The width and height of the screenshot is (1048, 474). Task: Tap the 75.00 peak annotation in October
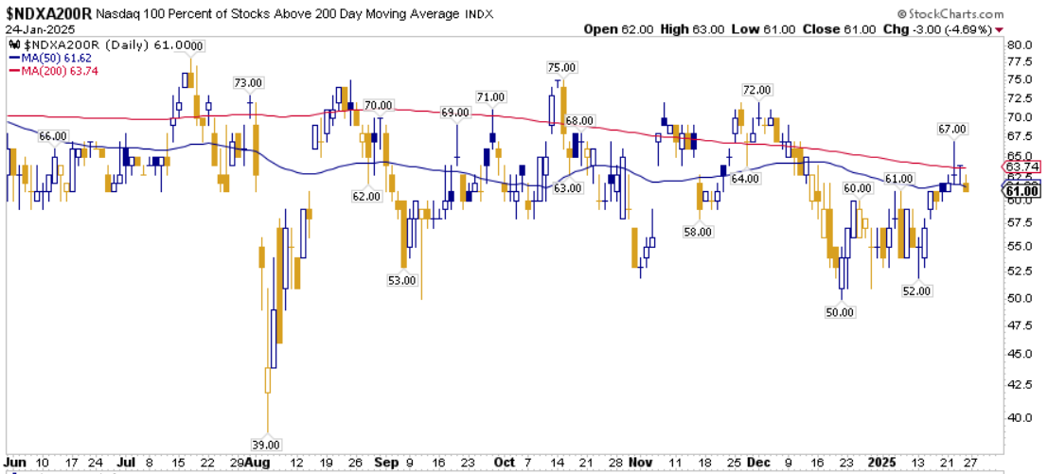click(560, 67)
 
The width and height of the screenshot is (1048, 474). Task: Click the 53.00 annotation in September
click(403, 280)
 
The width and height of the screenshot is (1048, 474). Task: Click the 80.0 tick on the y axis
click(1021, 44)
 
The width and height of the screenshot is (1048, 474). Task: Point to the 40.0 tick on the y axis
click(1021, 416)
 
